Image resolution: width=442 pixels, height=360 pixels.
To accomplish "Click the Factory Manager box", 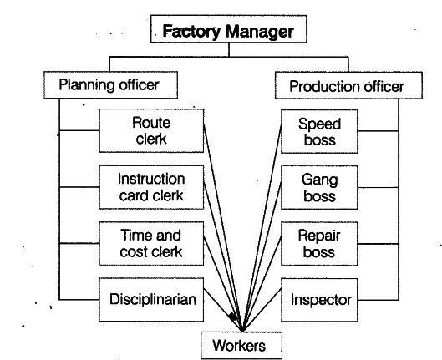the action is [x=229, y=29].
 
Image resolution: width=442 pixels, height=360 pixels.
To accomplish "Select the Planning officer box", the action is [x=110, y=85].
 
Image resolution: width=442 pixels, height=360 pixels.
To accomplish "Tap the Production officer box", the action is [x=348, y=85].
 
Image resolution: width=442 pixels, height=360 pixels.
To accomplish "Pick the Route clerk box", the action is [x=151, y=130].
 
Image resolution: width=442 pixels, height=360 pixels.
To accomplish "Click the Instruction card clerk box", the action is [x=151, y=187].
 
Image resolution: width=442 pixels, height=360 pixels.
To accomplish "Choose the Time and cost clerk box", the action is [x=151, y=243].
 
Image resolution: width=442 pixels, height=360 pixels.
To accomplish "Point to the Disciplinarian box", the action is [x=151, y=300].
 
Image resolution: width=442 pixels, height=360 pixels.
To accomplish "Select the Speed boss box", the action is [x=319, y=131].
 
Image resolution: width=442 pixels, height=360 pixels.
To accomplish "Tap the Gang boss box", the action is [x=319, y=188].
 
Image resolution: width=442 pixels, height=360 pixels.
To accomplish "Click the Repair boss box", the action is [x=319, y=244].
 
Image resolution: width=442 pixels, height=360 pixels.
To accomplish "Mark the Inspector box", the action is [x=319, y=300].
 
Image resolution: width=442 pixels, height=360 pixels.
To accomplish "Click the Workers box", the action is [x=241, y=346].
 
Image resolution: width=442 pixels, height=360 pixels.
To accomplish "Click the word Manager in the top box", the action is [x=260, y=32].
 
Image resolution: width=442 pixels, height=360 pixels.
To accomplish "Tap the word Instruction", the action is [x=151, y=179].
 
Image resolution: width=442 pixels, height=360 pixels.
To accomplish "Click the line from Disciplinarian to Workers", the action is [x=223, y=310].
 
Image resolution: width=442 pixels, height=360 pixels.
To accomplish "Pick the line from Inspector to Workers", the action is [x=262, y=310].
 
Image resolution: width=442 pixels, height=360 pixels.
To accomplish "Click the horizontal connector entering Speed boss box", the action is [x=378, y=131].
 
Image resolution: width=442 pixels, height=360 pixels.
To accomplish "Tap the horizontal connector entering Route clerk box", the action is [x=79, y=130].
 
